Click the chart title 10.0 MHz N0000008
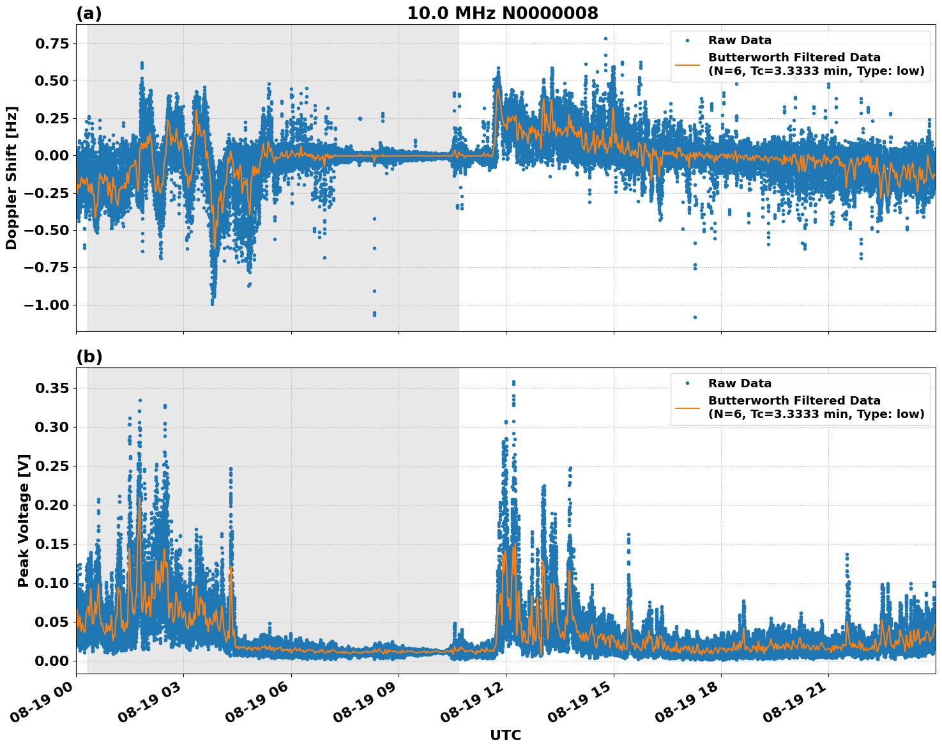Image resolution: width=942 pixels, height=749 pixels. (503, 13)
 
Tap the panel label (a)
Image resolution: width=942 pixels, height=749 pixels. (89, 13)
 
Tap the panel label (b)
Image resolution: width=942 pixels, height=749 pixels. (89, 357)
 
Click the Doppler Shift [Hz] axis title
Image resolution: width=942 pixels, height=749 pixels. (11, 178)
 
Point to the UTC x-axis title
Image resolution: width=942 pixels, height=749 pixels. (505, 735)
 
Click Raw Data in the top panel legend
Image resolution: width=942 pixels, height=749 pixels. (740, 40)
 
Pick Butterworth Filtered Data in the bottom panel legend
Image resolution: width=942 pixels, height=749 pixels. (794, 401)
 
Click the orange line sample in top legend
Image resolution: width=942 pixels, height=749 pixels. (687, 65)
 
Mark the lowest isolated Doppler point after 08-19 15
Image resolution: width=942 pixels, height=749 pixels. (695, 317)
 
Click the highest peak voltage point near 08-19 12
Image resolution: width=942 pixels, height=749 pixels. (513, 382)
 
